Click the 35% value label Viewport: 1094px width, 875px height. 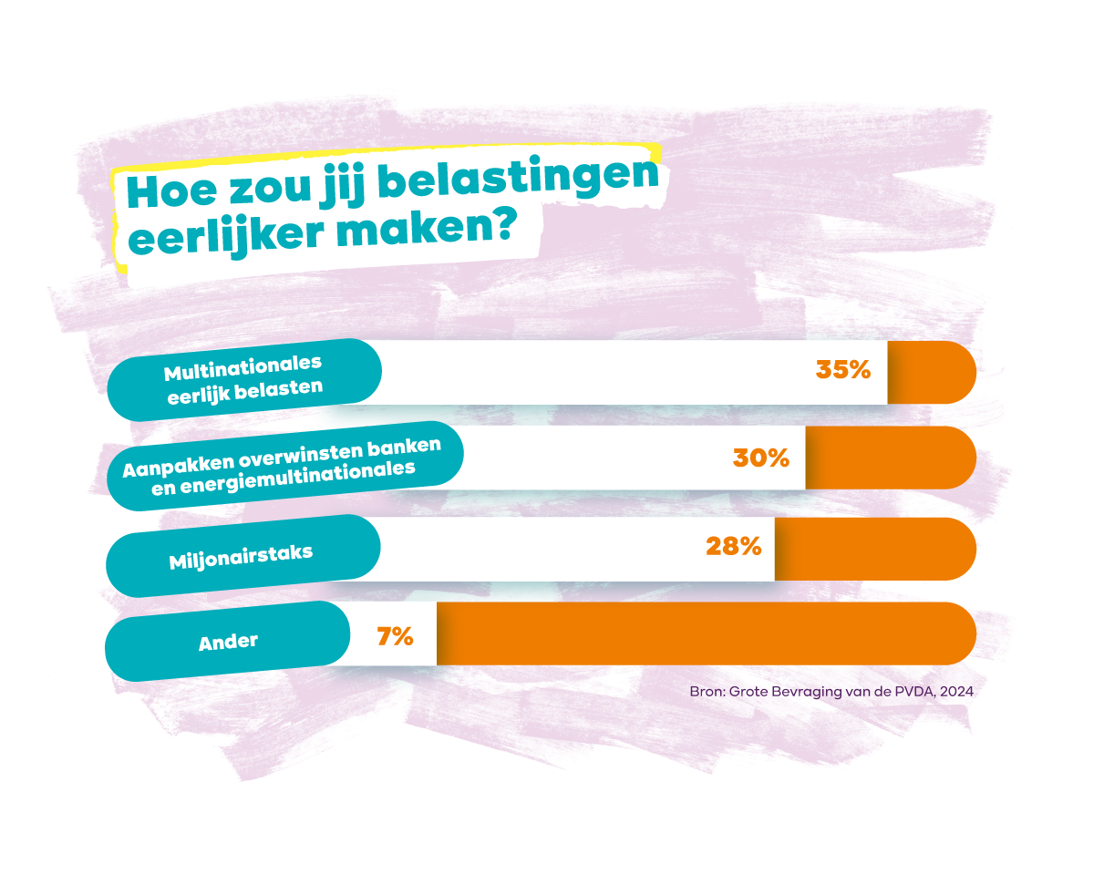click(x=843, y=371)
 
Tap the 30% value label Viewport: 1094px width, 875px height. click(x=761, y=458)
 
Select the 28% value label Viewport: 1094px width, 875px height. click(x=733, y=546)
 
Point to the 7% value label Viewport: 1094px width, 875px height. click(x=396, y=636)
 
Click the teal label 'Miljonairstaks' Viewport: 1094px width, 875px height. click(x=242, y=555)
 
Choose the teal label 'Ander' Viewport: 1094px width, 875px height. click(x=228, y=642)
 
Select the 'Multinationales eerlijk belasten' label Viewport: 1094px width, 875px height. click(x=244, y=379)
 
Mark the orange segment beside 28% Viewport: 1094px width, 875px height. click(x=875, y=549)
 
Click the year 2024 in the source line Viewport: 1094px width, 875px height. click(x=956, y=692)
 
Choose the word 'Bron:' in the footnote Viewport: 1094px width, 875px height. click(x=707, y=692)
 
